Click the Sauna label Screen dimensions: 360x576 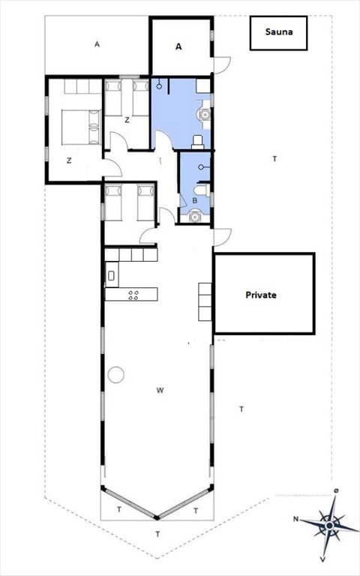(279, 32)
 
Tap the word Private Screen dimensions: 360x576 (261, 295)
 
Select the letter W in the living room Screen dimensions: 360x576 (160, 390)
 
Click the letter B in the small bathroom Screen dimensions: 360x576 (195, 200)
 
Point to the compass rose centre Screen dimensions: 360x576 (329, 526)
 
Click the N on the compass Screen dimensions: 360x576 (296, 519)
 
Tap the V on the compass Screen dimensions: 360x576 (322, 559)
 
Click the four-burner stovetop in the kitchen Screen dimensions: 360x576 (133, 295)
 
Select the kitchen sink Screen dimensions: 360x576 (111, 275)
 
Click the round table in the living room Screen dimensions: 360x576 (116, 375)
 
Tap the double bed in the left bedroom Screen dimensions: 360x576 (82, 127)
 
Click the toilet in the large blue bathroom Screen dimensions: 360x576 (198, 142)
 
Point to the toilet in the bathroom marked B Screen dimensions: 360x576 (202, 190)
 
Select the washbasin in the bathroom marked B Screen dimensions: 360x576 (194, 216)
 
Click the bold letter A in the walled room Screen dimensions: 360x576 (178, 46)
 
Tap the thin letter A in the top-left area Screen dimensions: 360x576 (97, 44)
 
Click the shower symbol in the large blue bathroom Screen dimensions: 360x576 (159, 86)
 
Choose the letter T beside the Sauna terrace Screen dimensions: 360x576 (274, 159)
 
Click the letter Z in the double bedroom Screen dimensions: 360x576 (69, 160)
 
